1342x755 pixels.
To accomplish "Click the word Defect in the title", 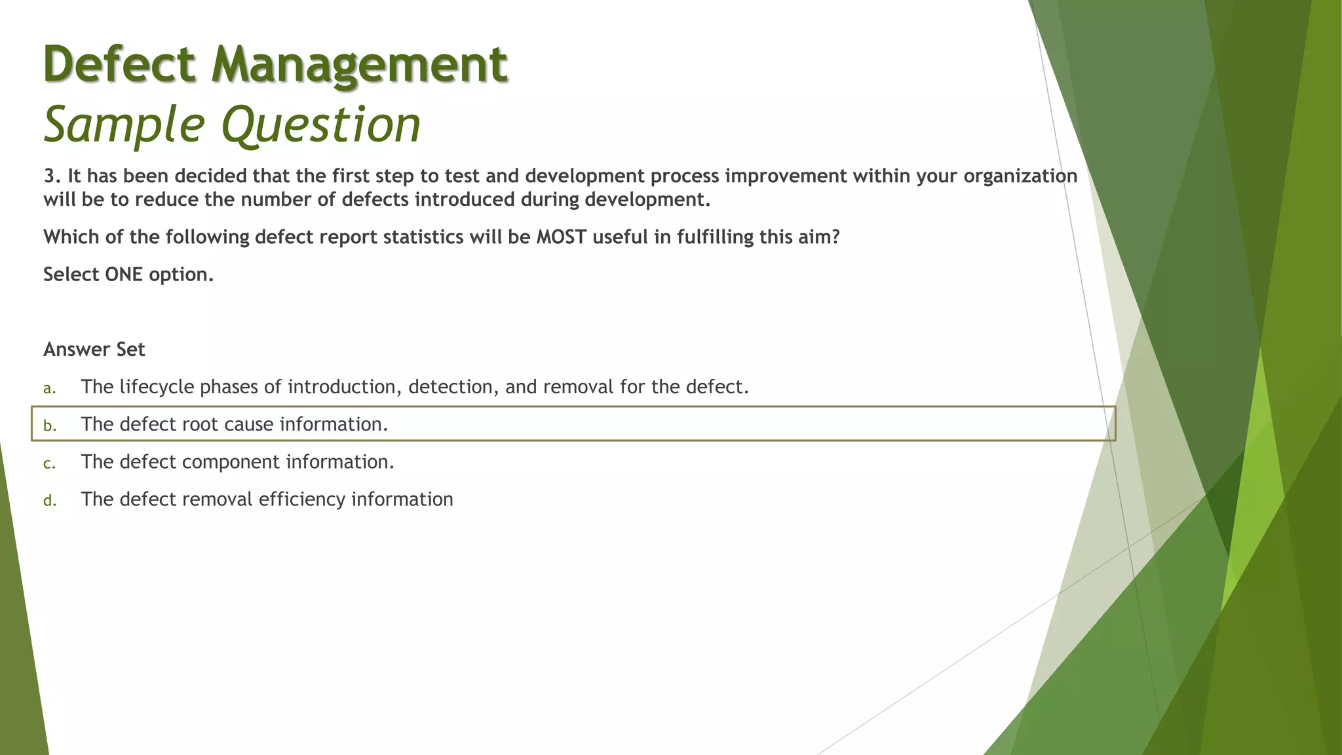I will click(119, 64).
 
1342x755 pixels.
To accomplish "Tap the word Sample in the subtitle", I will click(124, 125).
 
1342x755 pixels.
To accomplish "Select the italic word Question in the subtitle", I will click(321, 125).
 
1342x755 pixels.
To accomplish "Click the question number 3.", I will click(49, 176).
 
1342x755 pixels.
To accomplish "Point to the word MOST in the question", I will click(561, 237).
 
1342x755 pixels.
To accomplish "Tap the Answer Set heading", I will click(94, 349).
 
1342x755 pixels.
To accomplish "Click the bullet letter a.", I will click(48, 389).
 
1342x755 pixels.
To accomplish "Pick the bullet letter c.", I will click(48, 464).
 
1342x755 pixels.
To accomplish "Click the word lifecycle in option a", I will click(157, 387).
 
